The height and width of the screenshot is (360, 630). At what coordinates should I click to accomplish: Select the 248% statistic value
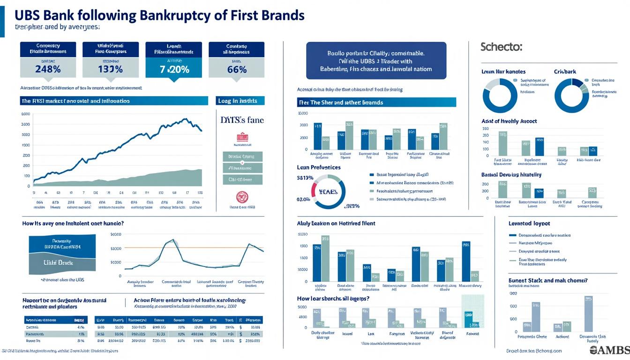click(48, 69)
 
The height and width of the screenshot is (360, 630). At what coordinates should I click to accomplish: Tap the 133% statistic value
click(110, 69)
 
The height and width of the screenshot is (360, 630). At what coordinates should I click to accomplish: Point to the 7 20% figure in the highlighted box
click(174, 69)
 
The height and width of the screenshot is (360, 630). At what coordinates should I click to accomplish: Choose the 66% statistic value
click(236, 69)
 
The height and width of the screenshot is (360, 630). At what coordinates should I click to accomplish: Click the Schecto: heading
click(501, 47)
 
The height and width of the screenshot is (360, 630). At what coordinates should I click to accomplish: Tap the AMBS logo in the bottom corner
click(609, 351)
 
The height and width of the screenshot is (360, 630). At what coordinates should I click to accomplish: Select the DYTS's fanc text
click(242, 120)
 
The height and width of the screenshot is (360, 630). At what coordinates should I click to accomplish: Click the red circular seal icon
click(242, 196)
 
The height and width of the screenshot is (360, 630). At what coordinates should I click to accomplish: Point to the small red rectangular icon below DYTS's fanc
click(242, 137)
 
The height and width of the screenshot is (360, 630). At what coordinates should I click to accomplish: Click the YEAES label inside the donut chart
click(329, 192)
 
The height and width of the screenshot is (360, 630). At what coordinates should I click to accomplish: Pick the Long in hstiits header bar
click(241, 101)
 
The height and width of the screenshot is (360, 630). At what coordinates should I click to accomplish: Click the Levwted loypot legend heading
click(529, 224)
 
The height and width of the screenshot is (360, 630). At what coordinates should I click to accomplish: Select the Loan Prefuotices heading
click(319, 167)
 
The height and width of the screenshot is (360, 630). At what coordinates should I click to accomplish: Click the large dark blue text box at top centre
click(376, 60)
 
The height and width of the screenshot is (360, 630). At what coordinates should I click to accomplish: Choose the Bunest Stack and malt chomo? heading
click(548, 280)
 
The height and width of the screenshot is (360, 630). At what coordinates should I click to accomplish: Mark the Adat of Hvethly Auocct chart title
click(509, 121)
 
